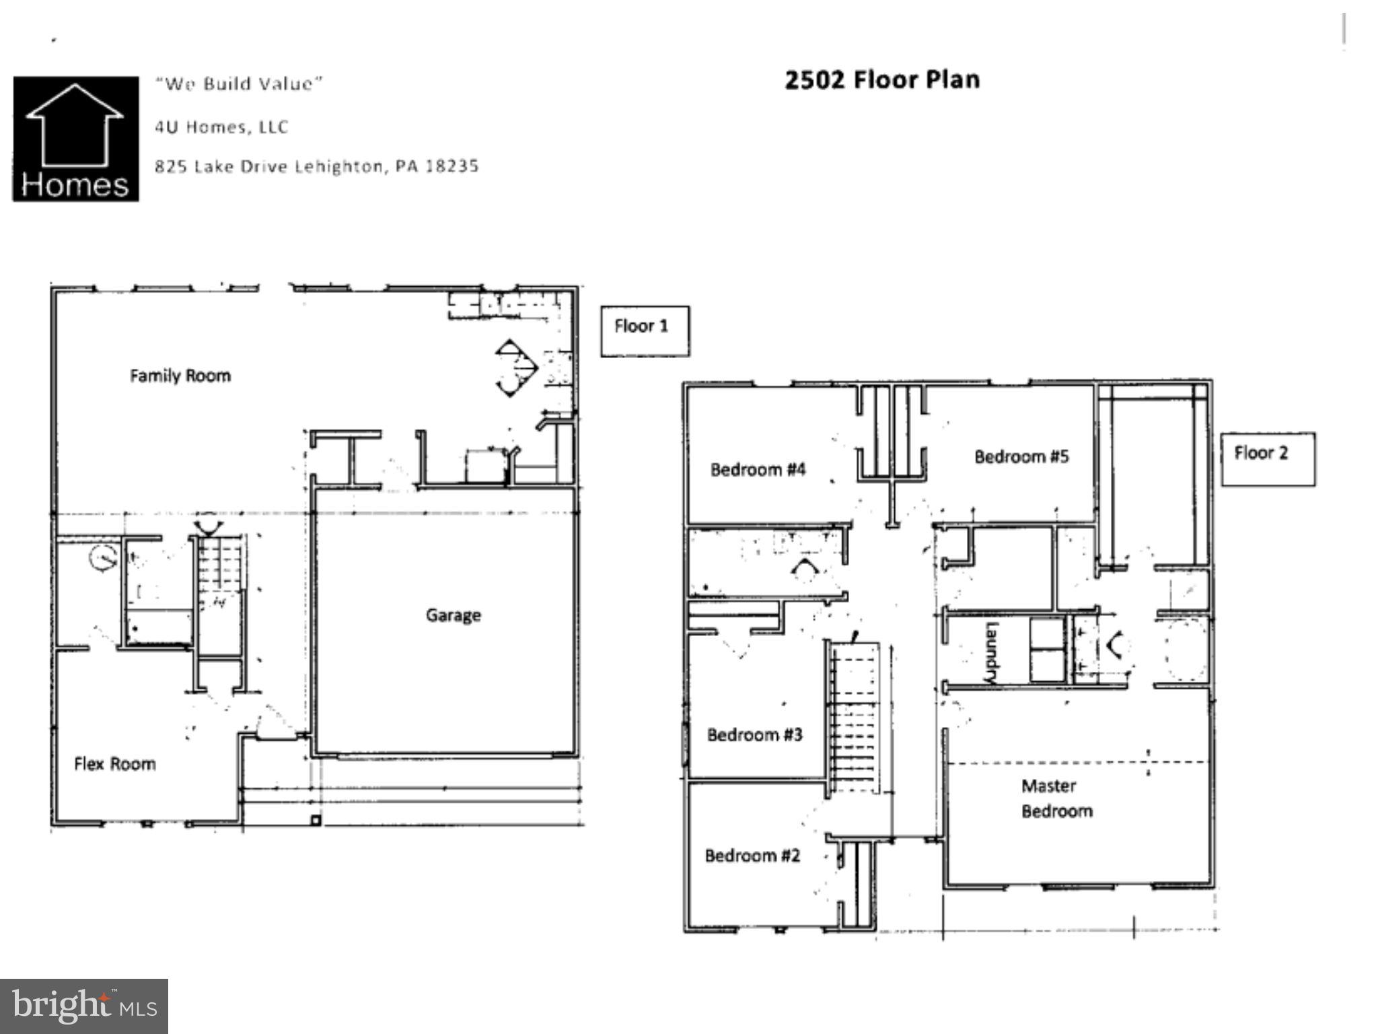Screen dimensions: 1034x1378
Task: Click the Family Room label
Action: coord(180,376)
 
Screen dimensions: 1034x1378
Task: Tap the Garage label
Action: coord(453,615)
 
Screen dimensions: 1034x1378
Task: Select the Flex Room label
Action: coord(115,763)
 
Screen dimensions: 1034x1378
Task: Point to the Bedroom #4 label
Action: coord(758,469)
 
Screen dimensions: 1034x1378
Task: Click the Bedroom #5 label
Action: coord(1021,456)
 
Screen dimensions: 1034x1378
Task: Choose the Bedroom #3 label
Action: coord(754,734)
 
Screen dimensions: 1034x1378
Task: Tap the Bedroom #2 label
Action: coord(752,855)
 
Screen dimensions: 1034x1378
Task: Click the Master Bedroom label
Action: coord(1056,798)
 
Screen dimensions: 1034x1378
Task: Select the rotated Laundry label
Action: coord(991,652)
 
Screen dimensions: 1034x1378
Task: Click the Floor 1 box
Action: coord(644,331)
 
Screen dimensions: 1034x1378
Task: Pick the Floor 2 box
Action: coord(1268,458)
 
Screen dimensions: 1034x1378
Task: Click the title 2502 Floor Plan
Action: coord(882,80)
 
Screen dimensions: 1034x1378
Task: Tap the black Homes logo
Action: coord(76,139)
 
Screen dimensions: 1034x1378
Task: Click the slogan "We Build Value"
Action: coord(239,84)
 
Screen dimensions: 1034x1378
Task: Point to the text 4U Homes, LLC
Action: coord(221,127)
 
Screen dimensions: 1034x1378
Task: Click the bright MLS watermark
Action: coord(84,1006)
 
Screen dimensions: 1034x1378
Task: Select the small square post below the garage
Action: coord(315,820)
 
